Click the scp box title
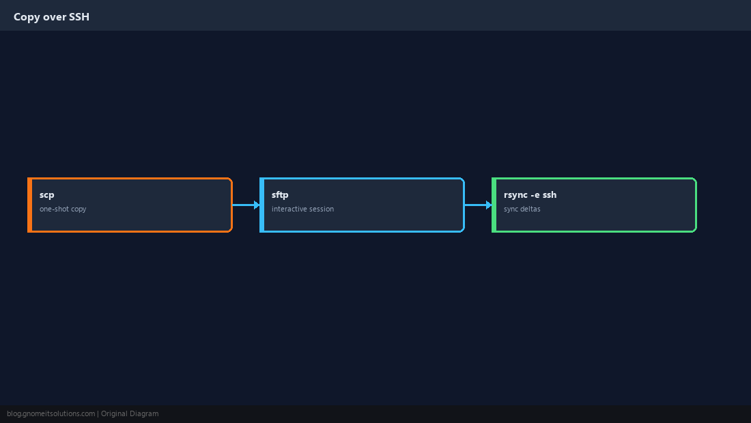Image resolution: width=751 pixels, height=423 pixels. (47, 195)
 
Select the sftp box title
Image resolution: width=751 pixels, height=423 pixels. (280, 194)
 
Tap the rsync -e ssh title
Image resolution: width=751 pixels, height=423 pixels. (530, 194)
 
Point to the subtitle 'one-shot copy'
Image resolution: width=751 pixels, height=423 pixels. (63, 209)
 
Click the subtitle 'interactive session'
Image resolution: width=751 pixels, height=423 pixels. (302, 209)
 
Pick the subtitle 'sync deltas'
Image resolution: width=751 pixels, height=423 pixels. (522, 209)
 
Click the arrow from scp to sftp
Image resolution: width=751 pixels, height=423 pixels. (246, 205)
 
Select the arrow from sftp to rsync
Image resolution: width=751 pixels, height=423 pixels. (479, 205)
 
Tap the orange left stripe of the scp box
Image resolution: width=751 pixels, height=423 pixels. (29, 205)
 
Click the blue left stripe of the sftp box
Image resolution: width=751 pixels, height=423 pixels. (262, 205)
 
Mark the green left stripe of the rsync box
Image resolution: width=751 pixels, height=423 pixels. (494, 205)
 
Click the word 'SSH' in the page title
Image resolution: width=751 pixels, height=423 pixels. (79, 17)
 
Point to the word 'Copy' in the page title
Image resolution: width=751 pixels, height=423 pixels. (27, 17)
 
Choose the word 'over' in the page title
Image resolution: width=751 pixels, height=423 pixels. (55, 17)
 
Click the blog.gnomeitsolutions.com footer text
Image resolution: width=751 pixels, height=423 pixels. (51, 414)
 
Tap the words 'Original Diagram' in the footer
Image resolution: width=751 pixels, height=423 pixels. (130, 414)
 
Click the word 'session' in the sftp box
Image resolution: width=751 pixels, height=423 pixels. (322, 209)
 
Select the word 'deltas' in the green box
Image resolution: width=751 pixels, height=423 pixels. (529, 209)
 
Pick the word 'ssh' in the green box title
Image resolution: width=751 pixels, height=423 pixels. (550, 194)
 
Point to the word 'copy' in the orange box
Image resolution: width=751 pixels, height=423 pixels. (79, 209)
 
